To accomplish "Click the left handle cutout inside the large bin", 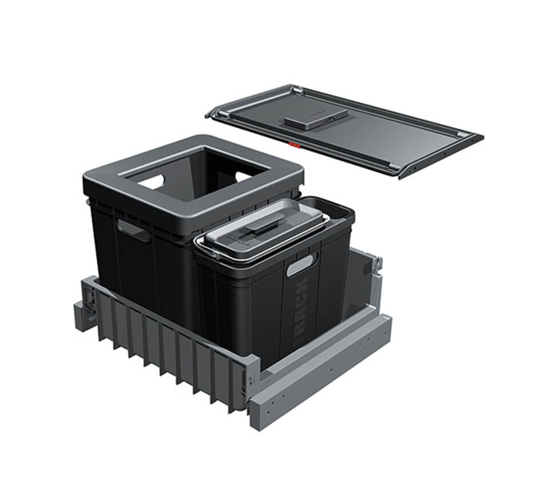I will click(153, 182).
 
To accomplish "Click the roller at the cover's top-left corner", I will click(296, 90).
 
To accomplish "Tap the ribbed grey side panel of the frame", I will click(166, 344).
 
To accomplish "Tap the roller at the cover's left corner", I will click(214, 114).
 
